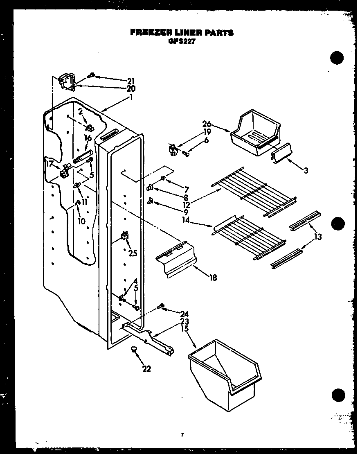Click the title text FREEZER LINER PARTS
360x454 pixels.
182,33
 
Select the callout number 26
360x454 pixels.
207,123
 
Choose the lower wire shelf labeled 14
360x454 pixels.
250,237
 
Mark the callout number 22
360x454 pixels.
147,369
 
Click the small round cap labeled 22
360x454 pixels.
133,349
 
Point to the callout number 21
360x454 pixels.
131,81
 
